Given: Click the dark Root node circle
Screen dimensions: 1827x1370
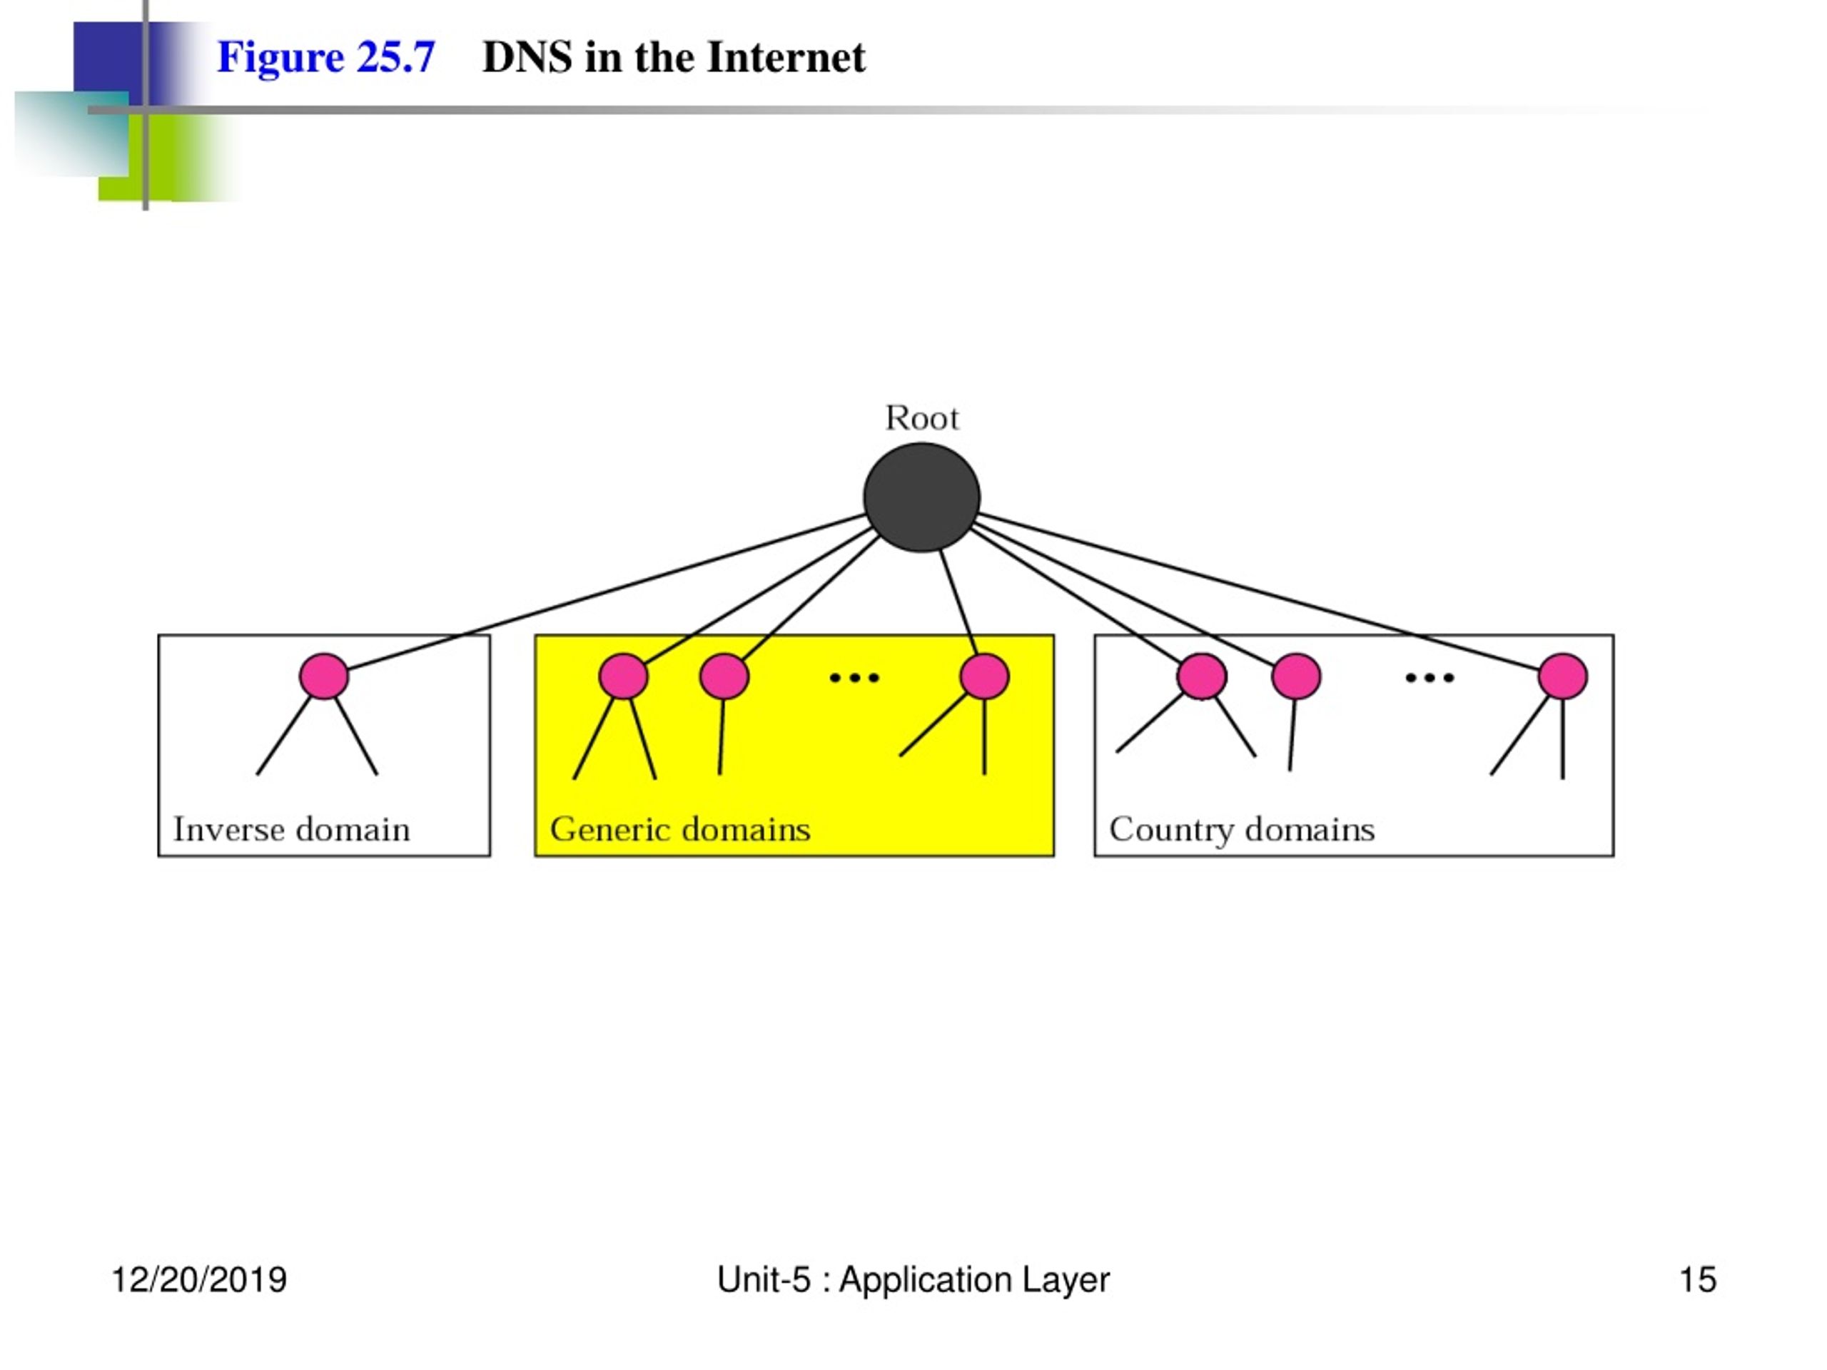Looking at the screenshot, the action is coord(922,497).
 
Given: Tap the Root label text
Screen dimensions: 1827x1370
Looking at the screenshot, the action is coord(922,418).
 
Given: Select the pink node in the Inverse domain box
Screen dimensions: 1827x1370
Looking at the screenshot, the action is coord(324,676).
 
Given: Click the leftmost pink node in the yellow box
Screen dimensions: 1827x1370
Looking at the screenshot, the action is coord(623,676).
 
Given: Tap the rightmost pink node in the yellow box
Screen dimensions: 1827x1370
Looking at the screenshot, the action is coord(985,676).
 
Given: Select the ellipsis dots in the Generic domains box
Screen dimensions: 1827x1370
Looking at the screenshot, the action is coord(855,678).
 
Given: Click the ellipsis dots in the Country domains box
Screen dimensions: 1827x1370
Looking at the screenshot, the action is coord(1429,678).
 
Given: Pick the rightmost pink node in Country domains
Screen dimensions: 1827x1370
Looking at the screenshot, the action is coord(1563,676).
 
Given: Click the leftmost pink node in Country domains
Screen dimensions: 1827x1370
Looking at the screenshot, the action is coord(1202,676).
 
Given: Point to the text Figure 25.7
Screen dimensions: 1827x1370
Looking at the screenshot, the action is coord(326,58).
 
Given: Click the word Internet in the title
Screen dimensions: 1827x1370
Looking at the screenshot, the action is coord(786,58).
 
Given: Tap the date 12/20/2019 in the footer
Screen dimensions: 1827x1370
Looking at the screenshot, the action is coord(199,1280).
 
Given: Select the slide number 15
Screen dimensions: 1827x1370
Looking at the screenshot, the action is coord(1698,1280).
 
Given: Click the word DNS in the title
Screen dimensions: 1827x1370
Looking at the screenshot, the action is coord(527,58).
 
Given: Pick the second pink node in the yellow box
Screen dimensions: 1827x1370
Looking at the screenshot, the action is coord(724,676).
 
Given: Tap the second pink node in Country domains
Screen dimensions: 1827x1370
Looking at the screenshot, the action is coord(1296,676).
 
